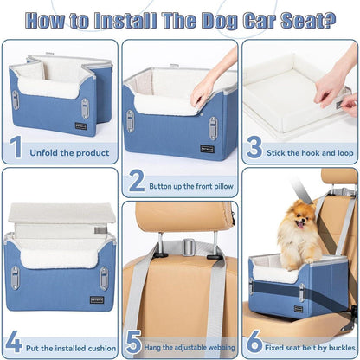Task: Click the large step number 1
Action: pyautogui.click(x=16, y=147)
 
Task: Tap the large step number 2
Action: pyautogui.click(x=137, y=181)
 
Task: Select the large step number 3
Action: pyautogui.click(x=254, y=147)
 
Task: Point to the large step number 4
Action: pyautogui.click(x=14, y=342)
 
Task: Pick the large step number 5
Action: pyautogui.click(x=133, y=342)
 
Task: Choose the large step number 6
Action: pyautogui.click(x=255, y=342)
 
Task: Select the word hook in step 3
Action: pyautogui.click(x=311, y=153)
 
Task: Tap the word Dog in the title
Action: pyautogui.click(x=220, y=21)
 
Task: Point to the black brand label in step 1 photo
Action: pyautogui.click(x=80, y=126)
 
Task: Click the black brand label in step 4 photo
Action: pyautogui.click(x=97, y=300)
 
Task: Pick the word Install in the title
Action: pyautogui.click(x=125, y=21)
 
